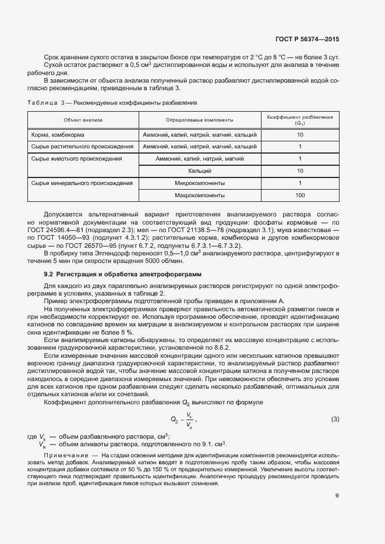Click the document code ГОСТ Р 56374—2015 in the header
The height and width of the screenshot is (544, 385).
click(307, 39)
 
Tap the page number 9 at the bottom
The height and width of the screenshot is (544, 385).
click(337, 495)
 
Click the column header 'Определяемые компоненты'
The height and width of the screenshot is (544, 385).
click(200, 120)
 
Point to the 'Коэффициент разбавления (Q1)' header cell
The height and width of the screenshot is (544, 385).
click(299, 120)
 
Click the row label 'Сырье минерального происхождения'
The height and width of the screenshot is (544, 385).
click(82, 183)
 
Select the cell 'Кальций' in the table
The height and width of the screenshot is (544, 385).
click(200, 171)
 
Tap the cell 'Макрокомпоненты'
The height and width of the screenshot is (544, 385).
click(200, 195)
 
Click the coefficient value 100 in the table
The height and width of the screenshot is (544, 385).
click(300, 195)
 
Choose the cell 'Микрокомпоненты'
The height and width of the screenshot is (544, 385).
click(200, 183)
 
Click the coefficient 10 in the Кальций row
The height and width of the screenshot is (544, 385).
click(300, 171)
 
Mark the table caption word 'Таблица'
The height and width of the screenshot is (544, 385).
click(43, 102)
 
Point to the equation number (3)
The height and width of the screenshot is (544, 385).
click(335, 419)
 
